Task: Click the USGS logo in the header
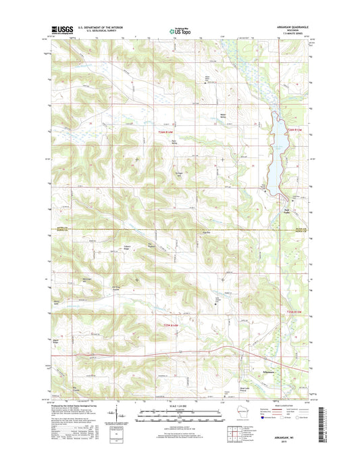coord(61,29)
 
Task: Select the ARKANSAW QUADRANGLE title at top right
coord(286,27)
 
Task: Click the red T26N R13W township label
coord(294,130)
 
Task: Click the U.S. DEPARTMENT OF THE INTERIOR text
coord(99,27)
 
